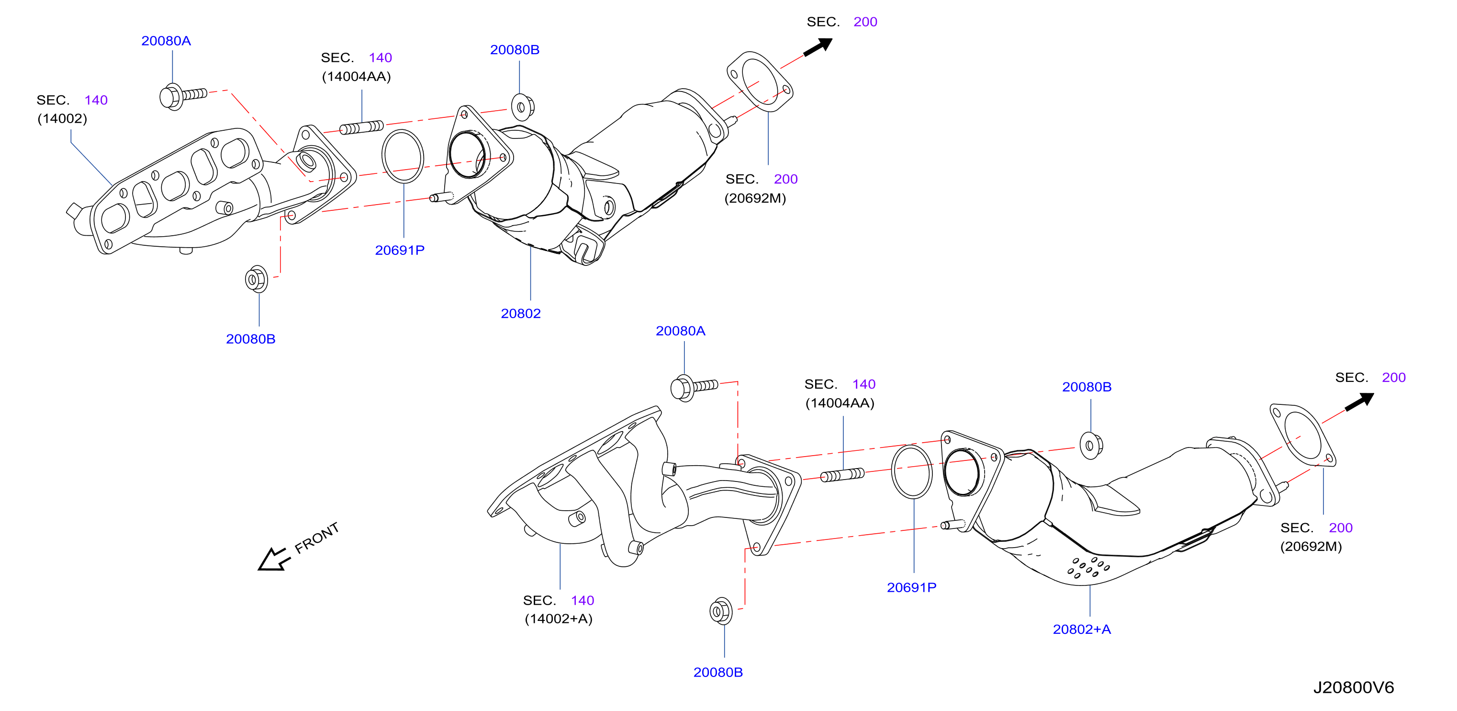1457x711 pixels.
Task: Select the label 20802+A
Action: pos(1081,629)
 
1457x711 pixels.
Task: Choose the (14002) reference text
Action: pos(62,119)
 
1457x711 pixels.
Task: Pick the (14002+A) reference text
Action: pos(558,618)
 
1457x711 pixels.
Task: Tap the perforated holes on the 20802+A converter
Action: pos(1087,567)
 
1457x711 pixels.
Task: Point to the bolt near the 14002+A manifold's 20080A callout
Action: pos(694,388)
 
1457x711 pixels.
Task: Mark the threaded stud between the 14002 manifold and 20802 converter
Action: pos(361,127)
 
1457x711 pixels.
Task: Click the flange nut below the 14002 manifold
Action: pos(256,279)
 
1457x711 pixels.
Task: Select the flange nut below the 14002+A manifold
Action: pos(720,611)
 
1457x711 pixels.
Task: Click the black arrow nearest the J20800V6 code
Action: pos(1359,401)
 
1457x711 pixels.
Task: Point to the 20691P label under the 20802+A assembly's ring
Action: pos(911,587)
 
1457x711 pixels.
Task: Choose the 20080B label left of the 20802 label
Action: pos(250,339)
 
